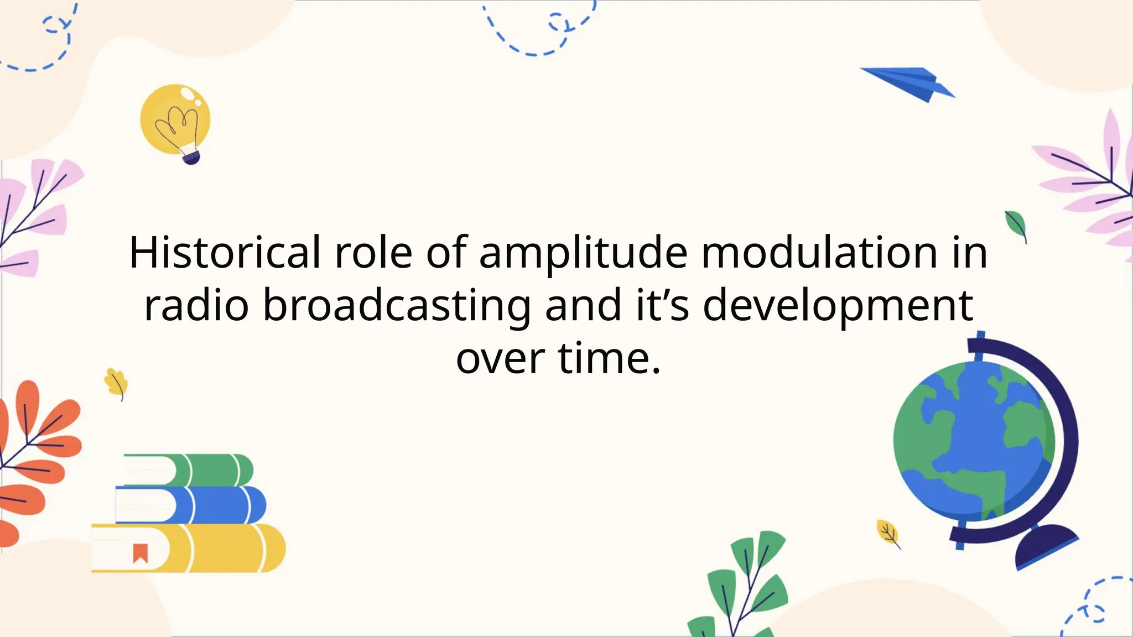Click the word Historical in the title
[225, 253]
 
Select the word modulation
[819, 253]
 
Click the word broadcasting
[396, 306]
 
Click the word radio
[196, 306]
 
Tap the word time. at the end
[609, 359]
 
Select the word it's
[662, 306]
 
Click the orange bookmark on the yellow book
[140, 552]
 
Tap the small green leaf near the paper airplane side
[1016, 224]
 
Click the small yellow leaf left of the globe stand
[887, 532]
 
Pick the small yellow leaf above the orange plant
[116, 382]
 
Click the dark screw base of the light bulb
[191, 159]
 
